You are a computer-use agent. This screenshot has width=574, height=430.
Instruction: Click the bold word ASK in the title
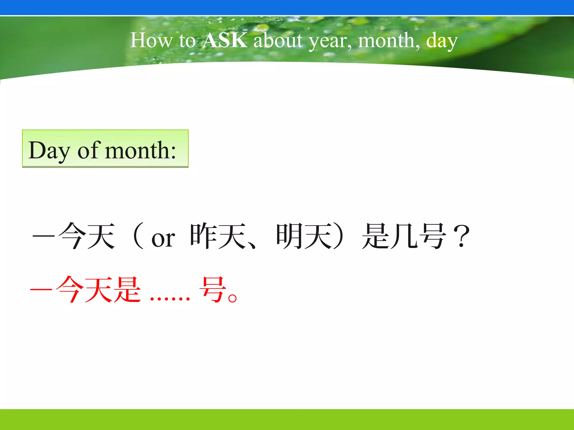point(225,40)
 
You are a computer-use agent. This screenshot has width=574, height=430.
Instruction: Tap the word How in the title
point(151,40)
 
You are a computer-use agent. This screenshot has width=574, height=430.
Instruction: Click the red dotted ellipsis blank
point(170,298)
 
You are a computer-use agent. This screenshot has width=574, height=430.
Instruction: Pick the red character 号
point(212,289)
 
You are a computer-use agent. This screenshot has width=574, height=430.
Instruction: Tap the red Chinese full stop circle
point(233,298)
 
